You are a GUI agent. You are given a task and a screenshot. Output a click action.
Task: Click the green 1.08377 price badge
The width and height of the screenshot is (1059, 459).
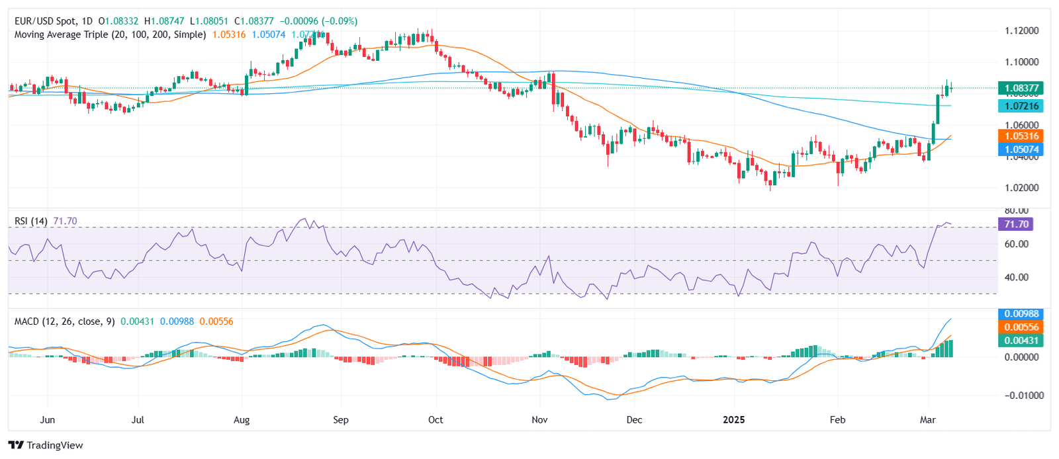[1021, 88]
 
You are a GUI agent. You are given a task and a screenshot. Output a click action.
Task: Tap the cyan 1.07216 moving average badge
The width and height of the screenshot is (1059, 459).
[1021, 106]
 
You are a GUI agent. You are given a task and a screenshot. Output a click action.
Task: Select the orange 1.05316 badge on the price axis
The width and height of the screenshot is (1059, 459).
[1021, 136]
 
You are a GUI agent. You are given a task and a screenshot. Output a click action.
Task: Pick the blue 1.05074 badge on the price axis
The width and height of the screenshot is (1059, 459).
[1021, 149]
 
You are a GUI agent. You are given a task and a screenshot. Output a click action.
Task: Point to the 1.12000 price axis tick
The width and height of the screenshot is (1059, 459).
[1021, 31]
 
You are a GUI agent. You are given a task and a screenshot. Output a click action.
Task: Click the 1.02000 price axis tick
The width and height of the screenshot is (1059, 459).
[1021, 188]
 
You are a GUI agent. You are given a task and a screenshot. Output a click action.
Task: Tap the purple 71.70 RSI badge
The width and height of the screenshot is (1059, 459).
[1016, 224]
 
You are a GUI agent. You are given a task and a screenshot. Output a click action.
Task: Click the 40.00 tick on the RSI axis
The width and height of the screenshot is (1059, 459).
[1016, 277]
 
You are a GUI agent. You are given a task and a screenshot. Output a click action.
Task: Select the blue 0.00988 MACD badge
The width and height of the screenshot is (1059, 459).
[1021, 313]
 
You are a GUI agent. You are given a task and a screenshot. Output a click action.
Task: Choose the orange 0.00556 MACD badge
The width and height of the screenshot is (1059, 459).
[1021, 327]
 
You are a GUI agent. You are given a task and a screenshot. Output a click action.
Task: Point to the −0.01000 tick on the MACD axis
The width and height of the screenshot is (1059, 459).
[1021, 396]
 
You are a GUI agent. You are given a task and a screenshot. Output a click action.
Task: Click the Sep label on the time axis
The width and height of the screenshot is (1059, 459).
[340, 420]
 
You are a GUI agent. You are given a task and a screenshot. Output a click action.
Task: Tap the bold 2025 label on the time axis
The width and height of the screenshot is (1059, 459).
[733, 420]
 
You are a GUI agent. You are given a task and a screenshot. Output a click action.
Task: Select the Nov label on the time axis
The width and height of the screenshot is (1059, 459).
[539, 420]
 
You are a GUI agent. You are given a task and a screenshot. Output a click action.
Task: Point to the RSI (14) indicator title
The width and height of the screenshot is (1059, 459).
[31, 221]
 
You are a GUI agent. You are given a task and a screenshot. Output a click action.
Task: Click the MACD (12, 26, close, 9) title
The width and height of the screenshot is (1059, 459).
[64, 321]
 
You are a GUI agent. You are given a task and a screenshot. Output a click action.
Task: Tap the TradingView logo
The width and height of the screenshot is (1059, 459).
[46, 445]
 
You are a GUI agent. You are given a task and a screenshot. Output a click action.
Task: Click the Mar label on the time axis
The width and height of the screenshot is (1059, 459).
[928, 420]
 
